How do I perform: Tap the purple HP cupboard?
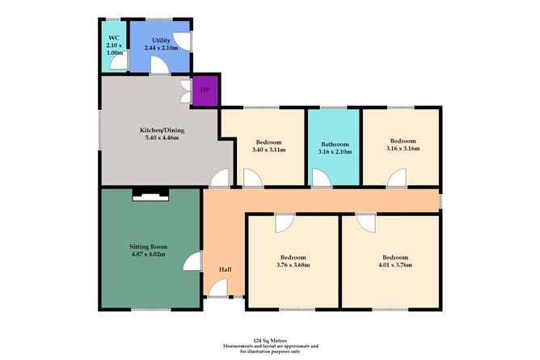point(203,90)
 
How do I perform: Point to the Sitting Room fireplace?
point(151,193)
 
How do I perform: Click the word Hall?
point(226,270)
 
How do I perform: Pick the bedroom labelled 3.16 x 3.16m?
point(402,145)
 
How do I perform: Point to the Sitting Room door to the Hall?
point(192,261)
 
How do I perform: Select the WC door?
point(118,66)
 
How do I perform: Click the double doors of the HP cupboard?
point(185,90)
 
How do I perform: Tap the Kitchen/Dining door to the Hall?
point(218,180)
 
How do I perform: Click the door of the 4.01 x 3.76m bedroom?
point(365,222)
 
